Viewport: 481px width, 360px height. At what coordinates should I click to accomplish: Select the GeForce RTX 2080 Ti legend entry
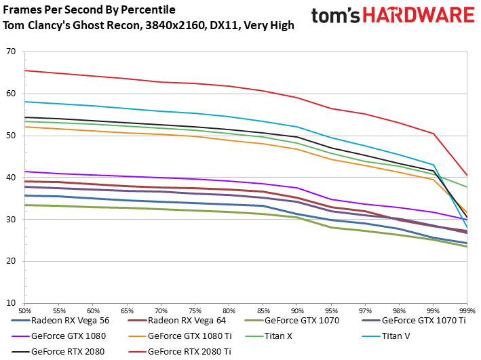[x=189, y=351]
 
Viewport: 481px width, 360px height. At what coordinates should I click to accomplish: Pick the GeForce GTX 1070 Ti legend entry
[x=423, y=320]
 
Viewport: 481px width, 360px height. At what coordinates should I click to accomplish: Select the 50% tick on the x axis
[x=24, y=309]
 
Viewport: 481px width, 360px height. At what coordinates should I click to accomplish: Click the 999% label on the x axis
[x=467, y=309]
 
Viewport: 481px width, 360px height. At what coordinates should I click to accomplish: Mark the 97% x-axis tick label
[x=365, y=309]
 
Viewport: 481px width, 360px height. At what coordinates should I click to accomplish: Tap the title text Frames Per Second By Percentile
[x=89, y=10]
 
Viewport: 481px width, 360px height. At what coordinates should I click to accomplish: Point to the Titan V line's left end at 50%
[x=25, y=102]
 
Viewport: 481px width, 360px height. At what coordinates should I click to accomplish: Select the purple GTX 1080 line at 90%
[x=297, y=188]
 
